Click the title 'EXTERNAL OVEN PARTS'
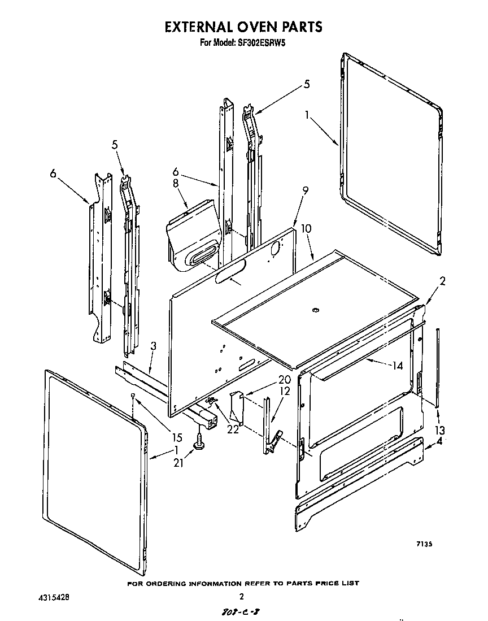[x=243, y=27]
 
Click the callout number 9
[x=305, y=191]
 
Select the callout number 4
[x=439, y=441]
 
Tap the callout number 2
[x=442, y=281]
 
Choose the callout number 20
[x=284, y=380]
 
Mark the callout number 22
[x=232, y=429]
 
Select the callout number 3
[x=153, y=345]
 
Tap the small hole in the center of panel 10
[x=315, y=310]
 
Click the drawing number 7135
[x=424, y=544]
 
